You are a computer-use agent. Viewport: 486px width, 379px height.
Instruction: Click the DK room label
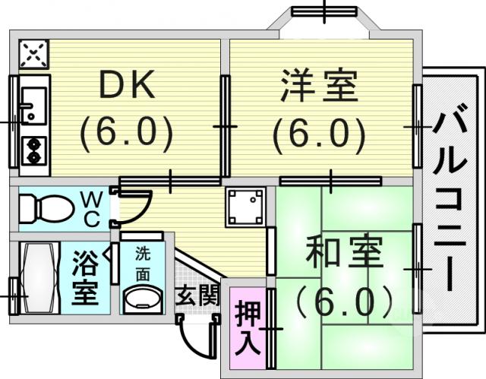point(127,85)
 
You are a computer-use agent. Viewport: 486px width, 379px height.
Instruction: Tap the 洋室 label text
point(320,86)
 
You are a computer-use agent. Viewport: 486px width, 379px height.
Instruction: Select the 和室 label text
point(343,253)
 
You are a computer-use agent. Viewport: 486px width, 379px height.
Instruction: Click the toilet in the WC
point(46,208)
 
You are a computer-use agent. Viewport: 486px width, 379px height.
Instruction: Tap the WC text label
point(92,209)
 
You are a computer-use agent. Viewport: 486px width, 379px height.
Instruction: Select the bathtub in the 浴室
point(39,278)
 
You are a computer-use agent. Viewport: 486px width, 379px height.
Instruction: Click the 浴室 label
point(85,278)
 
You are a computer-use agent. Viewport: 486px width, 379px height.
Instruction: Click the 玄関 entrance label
point(197,295)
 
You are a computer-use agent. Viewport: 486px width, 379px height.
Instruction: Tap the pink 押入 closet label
point(248,328)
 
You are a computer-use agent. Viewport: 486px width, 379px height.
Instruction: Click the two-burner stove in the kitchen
point(33,151)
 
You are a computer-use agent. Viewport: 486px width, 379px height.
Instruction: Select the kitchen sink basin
point(33,106)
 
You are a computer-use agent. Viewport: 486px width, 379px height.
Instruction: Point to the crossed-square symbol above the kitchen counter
point(33,54)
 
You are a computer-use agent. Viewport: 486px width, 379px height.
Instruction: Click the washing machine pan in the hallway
point(245,207)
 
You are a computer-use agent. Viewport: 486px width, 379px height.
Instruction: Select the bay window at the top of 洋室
point(324,12)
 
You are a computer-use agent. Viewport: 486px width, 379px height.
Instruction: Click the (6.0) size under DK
point(127,134)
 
